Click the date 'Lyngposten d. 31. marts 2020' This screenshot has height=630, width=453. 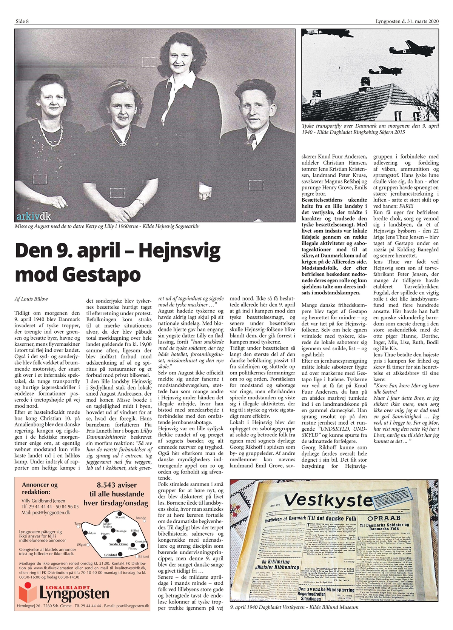coord(407,21)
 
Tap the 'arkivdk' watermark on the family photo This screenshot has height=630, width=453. coord(34,217)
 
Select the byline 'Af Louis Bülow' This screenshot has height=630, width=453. coord(31,299)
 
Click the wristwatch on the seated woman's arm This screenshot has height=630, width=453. coord(140,202)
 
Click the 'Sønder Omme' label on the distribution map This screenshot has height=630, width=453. coord(118,544)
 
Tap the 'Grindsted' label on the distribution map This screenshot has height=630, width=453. coord(111,555)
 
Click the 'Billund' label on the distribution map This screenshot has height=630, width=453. coord(143,556)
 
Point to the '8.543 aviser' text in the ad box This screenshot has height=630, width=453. coord(117,485)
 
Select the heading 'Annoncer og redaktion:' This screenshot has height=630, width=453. coord(40,488)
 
